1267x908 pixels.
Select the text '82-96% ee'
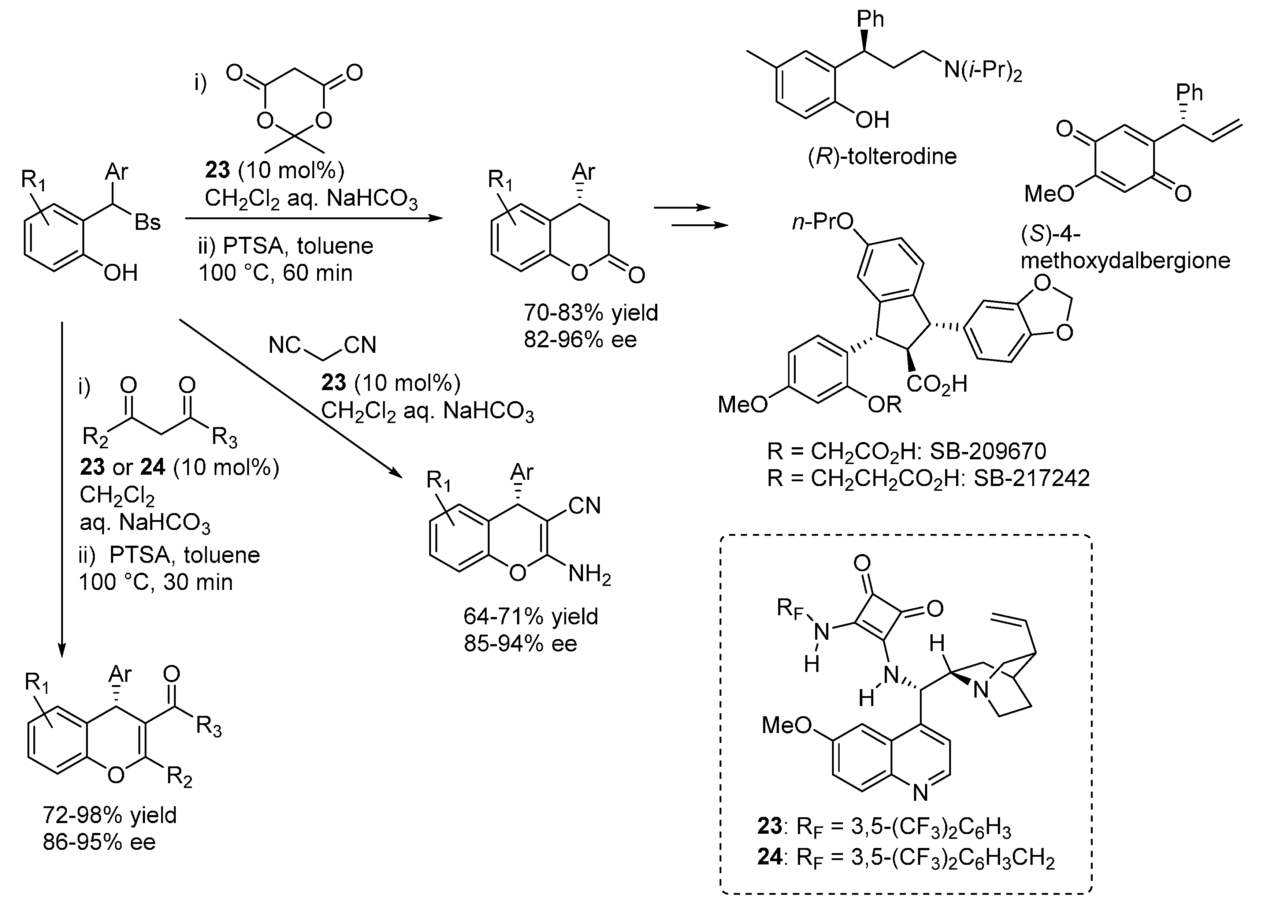[x=580, y=340]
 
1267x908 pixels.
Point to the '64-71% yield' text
[x=530, y=617]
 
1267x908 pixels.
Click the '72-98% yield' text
[x=109, y=815]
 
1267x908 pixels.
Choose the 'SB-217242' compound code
[x=1031, y=478]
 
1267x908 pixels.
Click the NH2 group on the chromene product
[x=589, y=574]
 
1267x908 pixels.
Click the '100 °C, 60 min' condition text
[x=275, y=273]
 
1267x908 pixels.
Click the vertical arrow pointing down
[x=62, y=486]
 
